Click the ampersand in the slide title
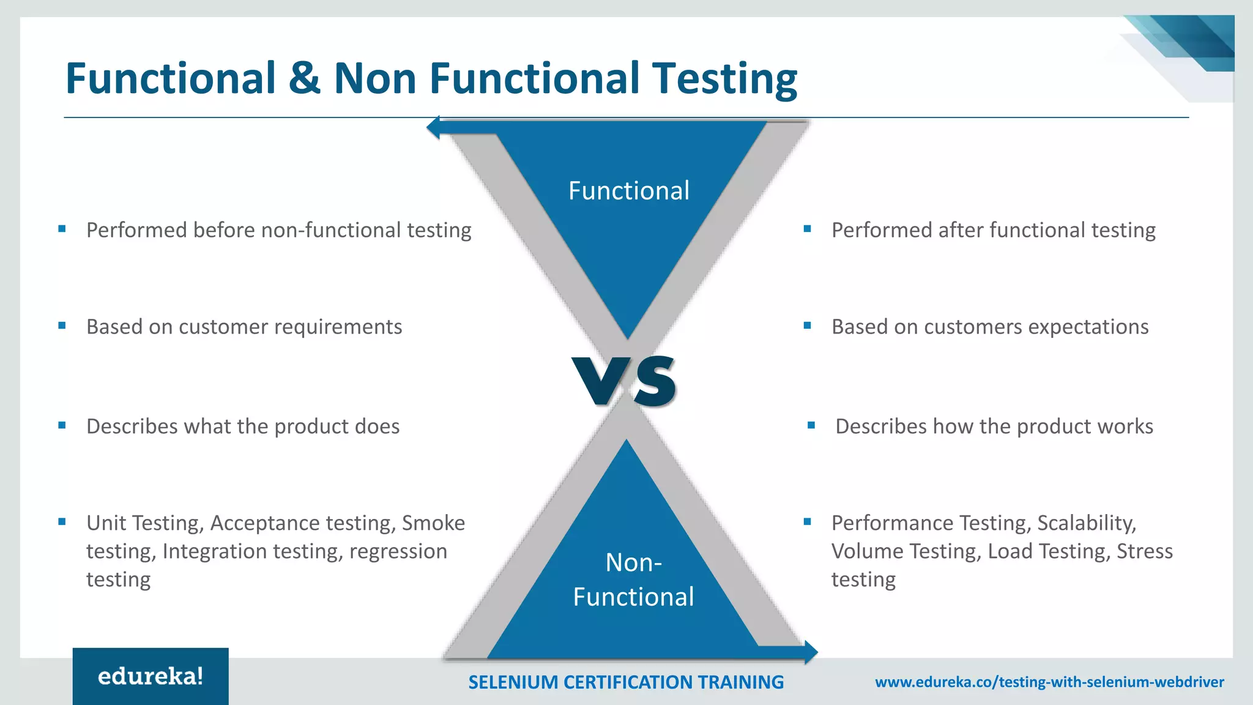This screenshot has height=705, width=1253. (x=304, y=78)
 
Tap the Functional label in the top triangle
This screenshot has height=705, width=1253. (x=628, y=191)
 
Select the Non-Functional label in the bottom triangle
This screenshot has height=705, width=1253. (x=633, y=580)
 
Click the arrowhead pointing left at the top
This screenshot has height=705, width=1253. (x=434, y=127)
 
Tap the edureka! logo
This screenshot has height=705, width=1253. (x=151, y=676)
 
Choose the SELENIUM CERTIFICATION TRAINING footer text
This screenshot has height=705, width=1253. (x=625, y=682)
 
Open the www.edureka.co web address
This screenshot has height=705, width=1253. (x=1049, y=682)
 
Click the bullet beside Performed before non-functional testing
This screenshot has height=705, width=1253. (x=62, y=229)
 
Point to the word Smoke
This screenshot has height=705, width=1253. (x=433, y=523)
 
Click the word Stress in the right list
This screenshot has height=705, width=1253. (x=1144, y=551)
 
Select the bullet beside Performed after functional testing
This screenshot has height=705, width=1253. (x=807, y=229)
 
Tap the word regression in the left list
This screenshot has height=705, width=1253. (x=398, y=552)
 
